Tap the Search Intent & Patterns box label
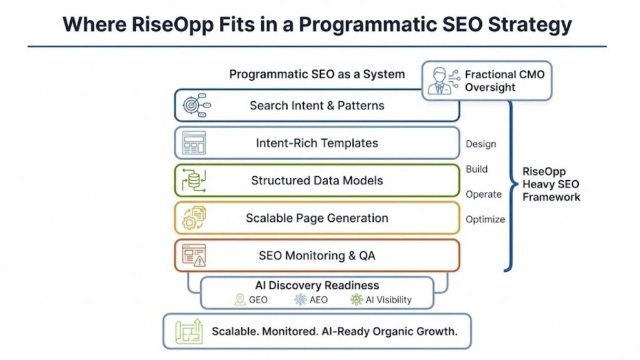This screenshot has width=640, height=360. (x=317, y=106)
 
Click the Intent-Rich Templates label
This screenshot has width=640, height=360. (x=317, y=143)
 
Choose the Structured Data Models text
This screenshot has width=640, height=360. (x=317, y=181)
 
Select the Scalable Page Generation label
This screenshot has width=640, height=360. (x=317, y=218)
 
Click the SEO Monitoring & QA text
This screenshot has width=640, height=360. (x=317, y=256)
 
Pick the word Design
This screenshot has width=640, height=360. (x=481, y=144)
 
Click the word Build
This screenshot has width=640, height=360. (x=477, y=169)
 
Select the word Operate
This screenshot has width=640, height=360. (x=484, y=194)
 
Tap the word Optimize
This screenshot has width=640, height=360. (x=486, y=219)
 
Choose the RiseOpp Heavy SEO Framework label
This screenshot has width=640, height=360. (x=551, y=184)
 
